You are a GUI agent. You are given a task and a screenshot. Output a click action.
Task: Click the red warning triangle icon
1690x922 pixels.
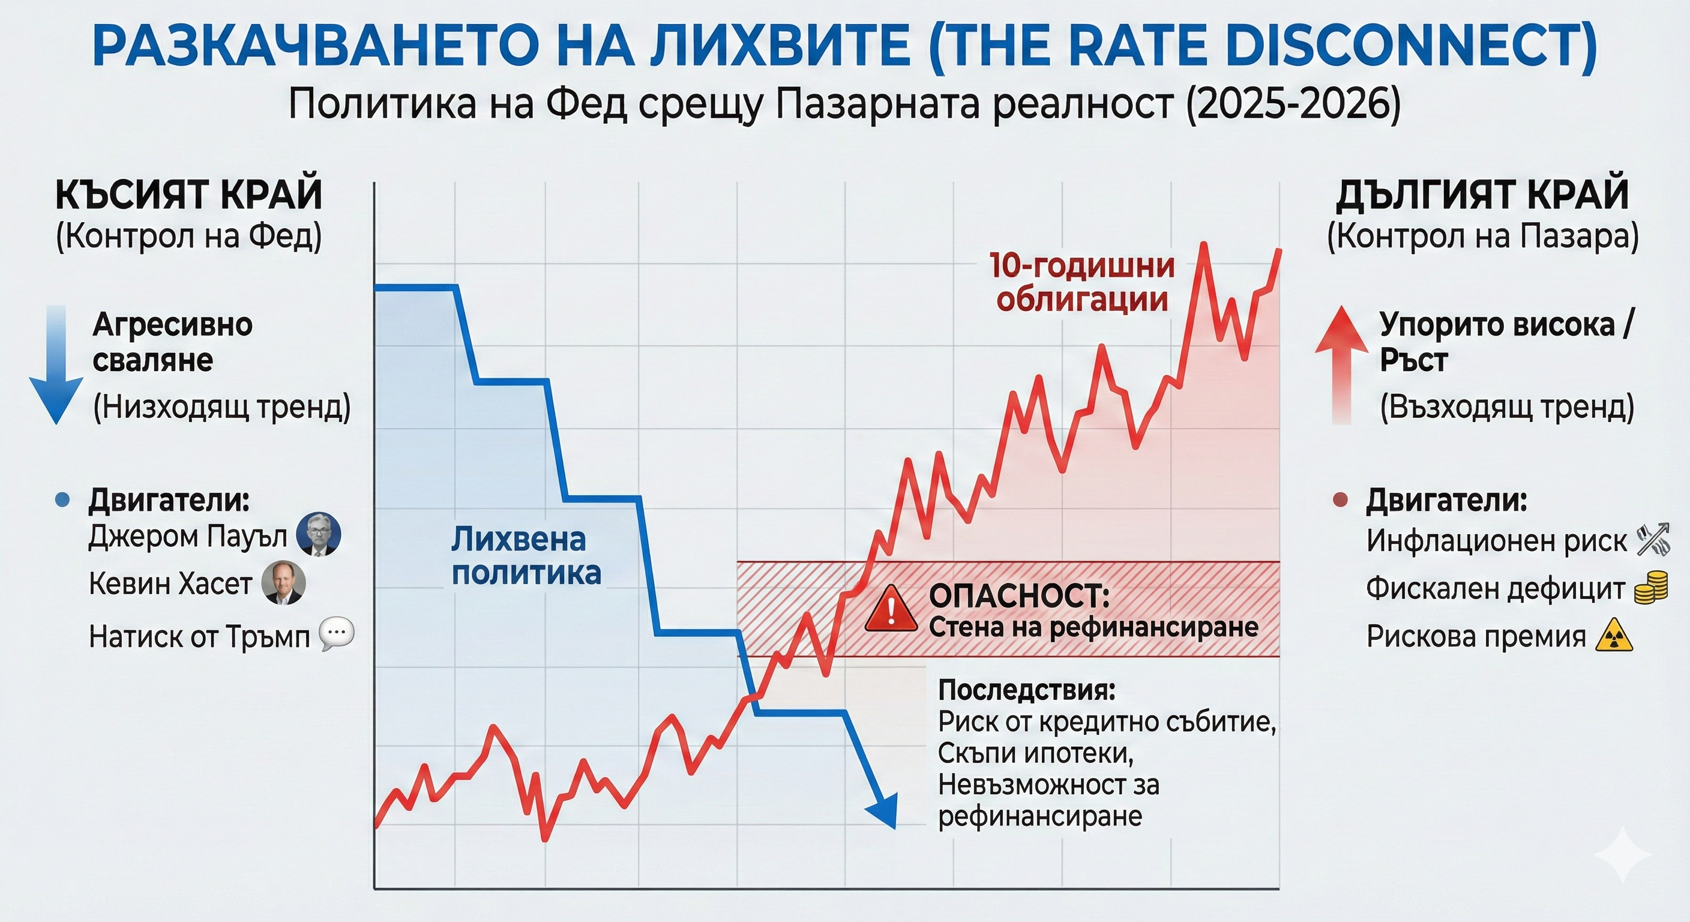[x=891, y=610]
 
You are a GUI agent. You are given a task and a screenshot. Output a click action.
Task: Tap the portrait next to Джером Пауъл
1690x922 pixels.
[x=318, y=534]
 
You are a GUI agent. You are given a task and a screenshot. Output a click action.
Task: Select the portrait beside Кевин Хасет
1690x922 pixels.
[x=283, y=583]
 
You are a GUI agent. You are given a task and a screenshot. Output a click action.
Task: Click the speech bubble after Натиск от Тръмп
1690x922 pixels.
[x=337, y=634]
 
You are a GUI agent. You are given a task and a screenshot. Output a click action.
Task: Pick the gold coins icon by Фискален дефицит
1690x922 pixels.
[x=1650, y=587]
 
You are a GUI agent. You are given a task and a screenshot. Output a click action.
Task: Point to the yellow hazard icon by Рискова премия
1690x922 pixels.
[x=1614, y=636]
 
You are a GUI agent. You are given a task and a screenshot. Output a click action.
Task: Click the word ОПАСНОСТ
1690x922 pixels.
[x=1019, y=596]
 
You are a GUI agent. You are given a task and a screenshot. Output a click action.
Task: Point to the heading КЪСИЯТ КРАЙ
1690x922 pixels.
[x=189, y=194]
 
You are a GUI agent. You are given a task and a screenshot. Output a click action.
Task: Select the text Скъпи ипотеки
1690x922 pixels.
[x=1036, y=753]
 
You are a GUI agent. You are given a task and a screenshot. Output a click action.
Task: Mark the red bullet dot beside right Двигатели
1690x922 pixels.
[x=1341, y=501]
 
